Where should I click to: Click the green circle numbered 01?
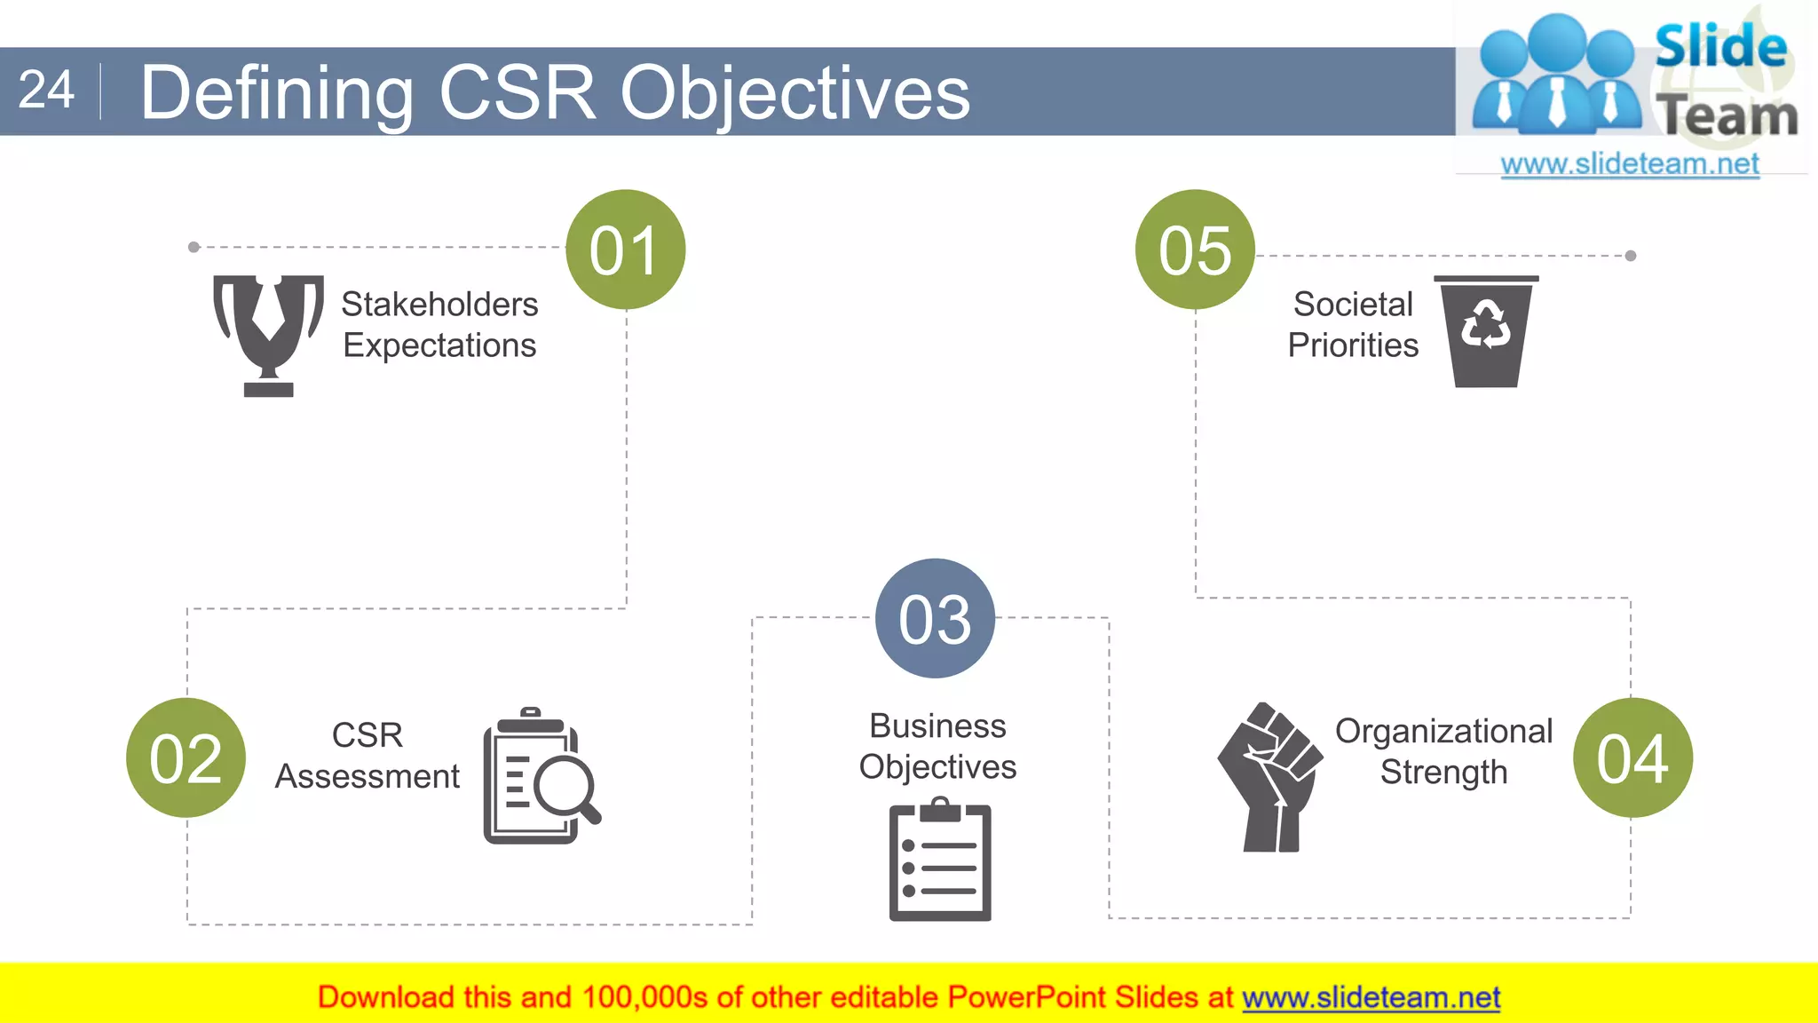point(626,250)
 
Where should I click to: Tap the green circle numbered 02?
point(186,757)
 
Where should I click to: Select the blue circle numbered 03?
point(935,618)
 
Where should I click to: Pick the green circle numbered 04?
point(1632,757)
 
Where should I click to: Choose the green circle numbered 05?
point(1195,250)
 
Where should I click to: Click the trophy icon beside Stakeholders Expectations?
point(268,334)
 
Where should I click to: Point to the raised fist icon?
point(1269,777)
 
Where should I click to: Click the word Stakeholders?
point(439,305)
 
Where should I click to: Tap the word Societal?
point(1352,305)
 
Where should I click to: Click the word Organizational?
point(1443,732)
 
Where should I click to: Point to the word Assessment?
point(367,777)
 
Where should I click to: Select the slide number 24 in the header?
point(46,91)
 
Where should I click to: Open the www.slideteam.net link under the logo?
point(1629,164)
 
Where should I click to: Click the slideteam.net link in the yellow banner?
point(1371,997)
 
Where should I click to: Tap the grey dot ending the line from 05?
point(1631,256)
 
